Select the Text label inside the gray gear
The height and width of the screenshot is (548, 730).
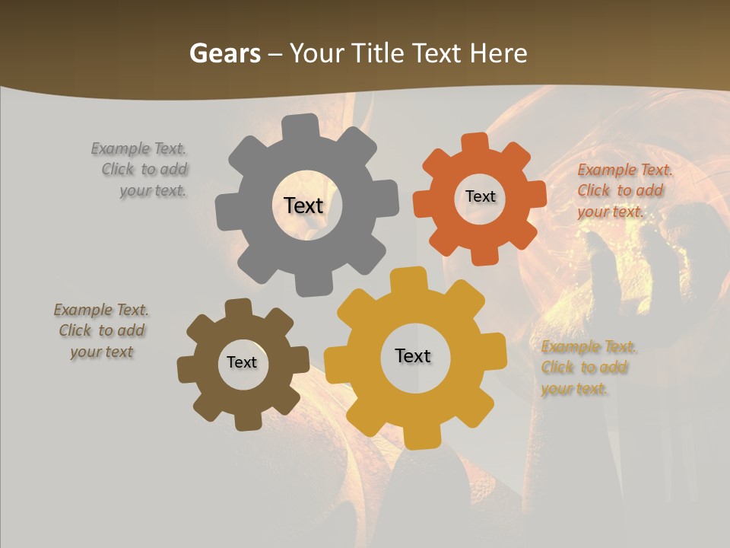click(303, 205)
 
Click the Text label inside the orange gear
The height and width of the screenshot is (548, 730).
click(480, 196)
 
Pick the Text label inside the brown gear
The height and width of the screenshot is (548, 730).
click(241, 362)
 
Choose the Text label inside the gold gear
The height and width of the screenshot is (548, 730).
click(412, 355)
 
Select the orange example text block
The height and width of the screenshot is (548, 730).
click(620, 190)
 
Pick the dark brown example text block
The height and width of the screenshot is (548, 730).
click(101, 330)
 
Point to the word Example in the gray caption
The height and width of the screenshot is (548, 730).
click(120, 148)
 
